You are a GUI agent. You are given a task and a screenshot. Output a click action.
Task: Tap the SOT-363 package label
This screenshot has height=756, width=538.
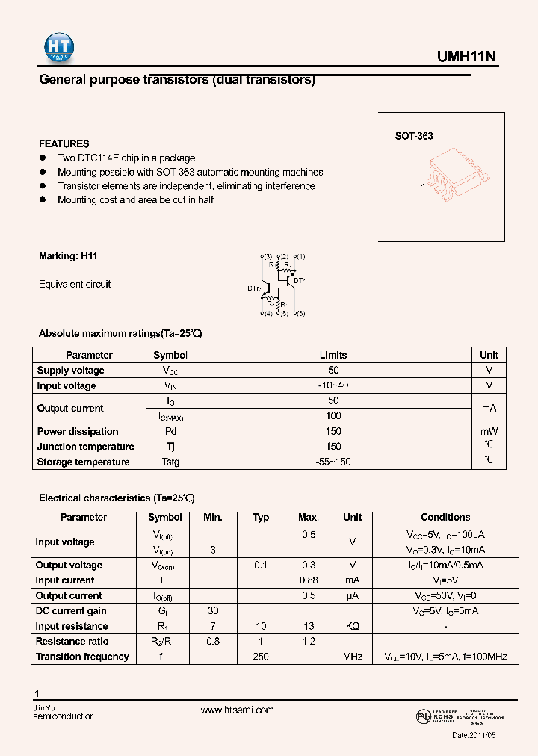tap(414, 137)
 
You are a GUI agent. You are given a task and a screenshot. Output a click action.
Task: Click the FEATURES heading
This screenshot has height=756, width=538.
tap(64, 144)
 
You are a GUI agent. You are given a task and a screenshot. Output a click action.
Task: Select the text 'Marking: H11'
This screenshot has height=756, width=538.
tap(68, 256)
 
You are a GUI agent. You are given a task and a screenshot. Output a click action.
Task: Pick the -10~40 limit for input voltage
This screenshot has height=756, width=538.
tap(333, 386)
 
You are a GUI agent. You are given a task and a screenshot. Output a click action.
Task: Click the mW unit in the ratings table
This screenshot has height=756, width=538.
tap(489, 432)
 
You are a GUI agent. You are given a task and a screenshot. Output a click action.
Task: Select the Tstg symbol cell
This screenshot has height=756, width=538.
tap(170, 462)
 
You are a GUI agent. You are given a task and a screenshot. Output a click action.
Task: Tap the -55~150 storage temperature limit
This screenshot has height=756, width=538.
tap(333, 462)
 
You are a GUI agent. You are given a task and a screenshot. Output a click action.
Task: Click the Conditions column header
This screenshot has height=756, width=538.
tap(445, 518)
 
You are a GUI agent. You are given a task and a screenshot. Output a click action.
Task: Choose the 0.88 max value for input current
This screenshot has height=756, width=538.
tap(309, 580)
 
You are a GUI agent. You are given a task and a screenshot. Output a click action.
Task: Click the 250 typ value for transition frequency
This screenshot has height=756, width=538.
tap(261, 657)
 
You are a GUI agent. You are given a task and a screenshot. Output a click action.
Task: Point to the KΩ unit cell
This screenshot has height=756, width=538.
tap(352, 627)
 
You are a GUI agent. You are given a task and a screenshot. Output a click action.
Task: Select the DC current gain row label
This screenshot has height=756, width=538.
tap(72, 611)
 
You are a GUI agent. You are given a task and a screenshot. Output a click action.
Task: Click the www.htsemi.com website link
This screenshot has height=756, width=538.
tap(237, 710)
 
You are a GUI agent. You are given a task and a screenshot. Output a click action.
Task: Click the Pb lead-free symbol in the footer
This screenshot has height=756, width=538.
tap(423, 716)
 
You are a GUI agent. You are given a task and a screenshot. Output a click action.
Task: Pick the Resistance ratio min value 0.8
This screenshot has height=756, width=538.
tap(213, 642)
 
